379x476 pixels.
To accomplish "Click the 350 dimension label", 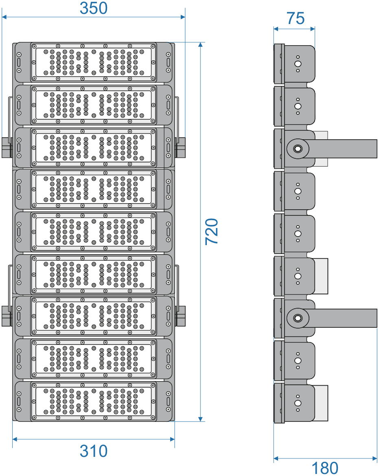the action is point(94,8).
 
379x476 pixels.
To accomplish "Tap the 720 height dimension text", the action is point(212,232).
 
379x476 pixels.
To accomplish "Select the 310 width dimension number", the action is point(94,451).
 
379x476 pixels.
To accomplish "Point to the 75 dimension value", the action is point(295,18).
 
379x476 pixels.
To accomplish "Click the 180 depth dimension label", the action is point(325,468).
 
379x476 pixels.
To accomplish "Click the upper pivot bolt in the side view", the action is point(298,149).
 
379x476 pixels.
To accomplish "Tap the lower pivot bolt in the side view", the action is point(298,318).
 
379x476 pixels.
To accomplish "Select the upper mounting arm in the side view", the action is point(332,149).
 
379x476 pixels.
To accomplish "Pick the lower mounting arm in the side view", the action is point(332,318).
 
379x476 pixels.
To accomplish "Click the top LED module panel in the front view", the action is point(94,62).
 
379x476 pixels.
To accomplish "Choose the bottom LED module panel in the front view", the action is point(94,401).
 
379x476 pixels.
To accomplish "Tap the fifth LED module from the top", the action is point(94,232).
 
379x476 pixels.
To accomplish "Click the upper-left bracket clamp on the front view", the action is point(7,147).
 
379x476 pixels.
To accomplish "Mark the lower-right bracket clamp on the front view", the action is point(180,316).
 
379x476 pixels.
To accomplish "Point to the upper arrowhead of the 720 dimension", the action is point(200,45).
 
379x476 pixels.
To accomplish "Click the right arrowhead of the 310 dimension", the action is point(172,439).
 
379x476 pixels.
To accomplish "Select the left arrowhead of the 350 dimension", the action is point(4,17).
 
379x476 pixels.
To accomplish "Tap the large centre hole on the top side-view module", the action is point(298,64).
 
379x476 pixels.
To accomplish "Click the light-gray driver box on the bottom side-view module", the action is point(321,403).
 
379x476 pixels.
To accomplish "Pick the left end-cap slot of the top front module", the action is point(19,62).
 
